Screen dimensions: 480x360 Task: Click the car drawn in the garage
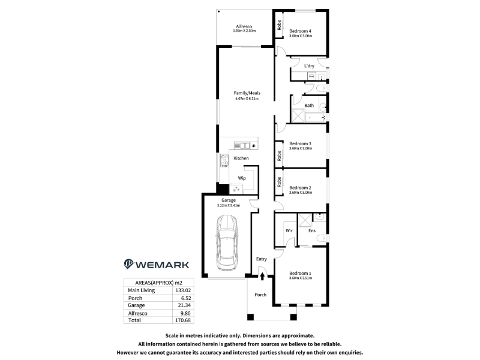pyautogui.click(x=226, y=243)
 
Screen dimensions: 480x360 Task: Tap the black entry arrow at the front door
pyautogui.click(x=262, y=277)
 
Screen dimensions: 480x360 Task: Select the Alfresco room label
pyautogui.click(x=244, y=26)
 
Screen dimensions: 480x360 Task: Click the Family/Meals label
pyautogui.click(x=247, y=93)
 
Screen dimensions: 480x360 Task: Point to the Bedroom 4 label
pyautogui.click(x=301, y=31)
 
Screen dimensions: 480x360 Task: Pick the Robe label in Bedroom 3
pyautogui.click(x=279, y=156)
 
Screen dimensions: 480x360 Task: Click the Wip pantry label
pyautogui.click(x=242, y=178)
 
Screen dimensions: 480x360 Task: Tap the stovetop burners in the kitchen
pyautogui.click(x=224, y=160)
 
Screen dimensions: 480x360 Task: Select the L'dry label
pyautogui.click(x=309, y=66)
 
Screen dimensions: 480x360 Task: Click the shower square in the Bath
pyautogui.click(x=298, y=116)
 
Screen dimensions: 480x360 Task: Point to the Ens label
pyautogui.click(x=312, y=230)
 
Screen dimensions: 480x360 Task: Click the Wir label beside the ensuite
pyautogui.click(x=289, y=230)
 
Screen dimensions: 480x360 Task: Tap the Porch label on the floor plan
pyautogui.click(x=260, y=295)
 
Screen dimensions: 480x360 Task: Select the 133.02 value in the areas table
pyautogui.click(x=183, y=290)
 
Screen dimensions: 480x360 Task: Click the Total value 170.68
pyautogui.click(x=183, y=320)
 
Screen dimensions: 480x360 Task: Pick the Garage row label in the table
pyautogui.click(x=136, y=305)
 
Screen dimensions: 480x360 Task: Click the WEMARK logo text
pyautogui.click(x=162, y=265)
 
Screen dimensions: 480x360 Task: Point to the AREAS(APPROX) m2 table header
pyautogui.click(x=158, y=283)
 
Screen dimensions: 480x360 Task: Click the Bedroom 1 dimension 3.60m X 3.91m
pyautogui.click(x=301, y=278)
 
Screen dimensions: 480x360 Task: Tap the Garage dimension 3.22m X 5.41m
pyautogui.click(x=229, y=205)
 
